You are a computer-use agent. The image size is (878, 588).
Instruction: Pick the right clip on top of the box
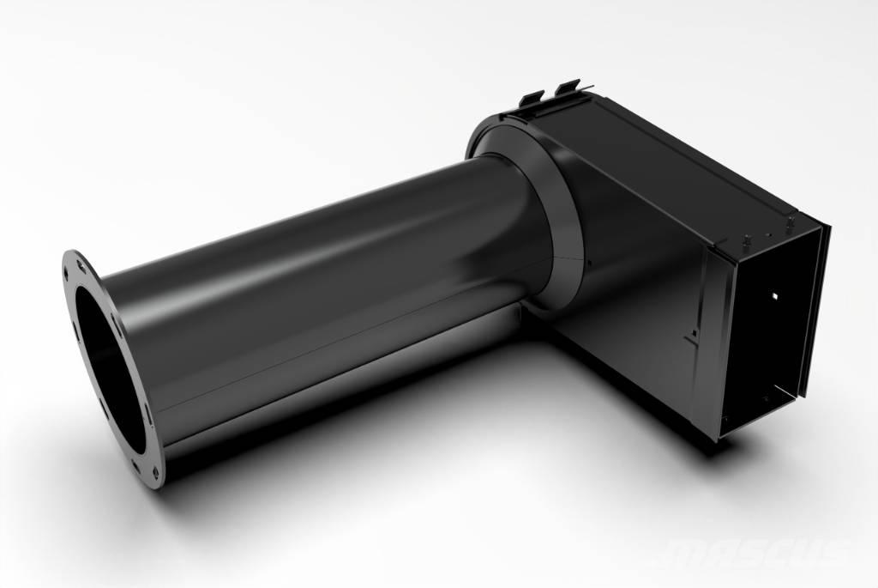pos(568,89)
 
